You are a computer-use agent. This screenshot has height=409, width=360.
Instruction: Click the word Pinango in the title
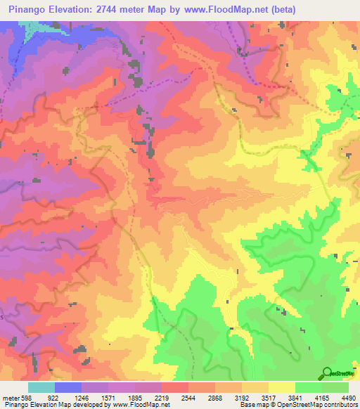pyautogui.click(x=32, y=10)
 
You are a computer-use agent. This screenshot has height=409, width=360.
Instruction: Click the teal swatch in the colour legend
pyautogui.click(x=41, y=387)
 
